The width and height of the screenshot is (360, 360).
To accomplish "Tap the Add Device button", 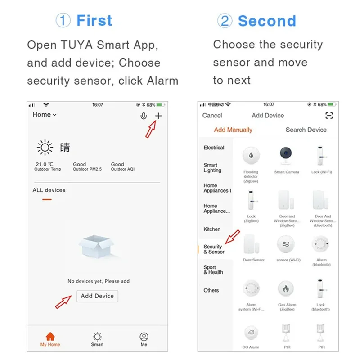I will (x=97, y=296).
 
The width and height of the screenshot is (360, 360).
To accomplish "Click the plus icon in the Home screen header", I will (x=158, y=116).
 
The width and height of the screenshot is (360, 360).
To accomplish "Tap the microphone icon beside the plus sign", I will (x=144, y=116).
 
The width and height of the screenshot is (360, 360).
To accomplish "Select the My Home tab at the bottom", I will (x=50, y=339).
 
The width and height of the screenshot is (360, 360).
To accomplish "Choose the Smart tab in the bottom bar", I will (x=97, y=339).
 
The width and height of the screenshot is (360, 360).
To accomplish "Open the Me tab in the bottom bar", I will (x=144, y=339).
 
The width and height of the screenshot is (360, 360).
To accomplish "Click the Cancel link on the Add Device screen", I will (x=212, y=116).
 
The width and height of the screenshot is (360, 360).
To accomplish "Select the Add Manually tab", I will (x=233, y=130).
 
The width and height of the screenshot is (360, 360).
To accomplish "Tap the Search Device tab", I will (x=306, y=130).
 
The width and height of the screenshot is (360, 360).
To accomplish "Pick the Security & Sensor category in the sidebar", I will (x=214, y=249).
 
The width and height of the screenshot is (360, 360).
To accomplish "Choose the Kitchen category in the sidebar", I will (x=212, y=229).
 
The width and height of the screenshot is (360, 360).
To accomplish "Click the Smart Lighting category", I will (x=212, y=168).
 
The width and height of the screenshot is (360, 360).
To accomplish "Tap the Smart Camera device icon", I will (x=286, y=156).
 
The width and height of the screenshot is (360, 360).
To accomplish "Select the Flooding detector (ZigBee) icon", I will (x=251, y=156).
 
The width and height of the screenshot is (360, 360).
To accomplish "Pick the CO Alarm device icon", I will (x=251, y=333).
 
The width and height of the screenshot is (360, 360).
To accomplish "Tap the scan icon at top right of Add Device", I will (x=329, y=116).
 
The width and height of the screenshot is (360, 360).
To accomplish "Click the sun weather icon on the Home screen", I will (x=45, y=148).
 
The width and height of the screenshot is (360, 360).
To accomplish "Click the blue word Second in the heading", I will (x=266, y=21).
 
